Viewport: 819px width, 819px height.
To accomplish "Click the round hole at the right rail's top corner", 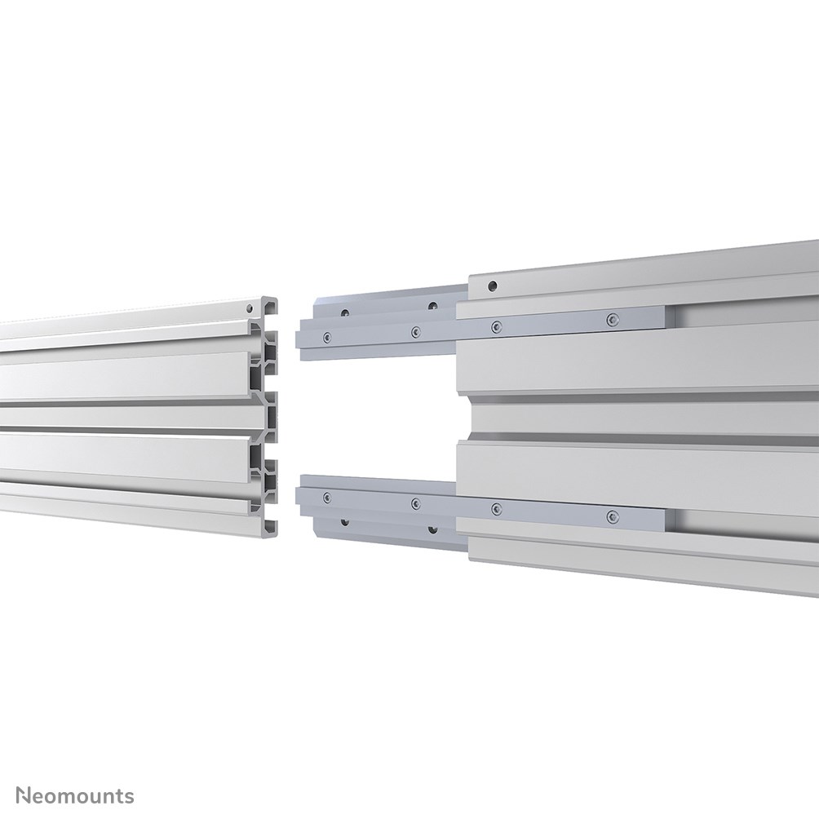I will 491,286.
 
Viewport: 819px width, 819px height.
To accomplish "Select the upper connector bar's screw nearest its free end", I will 326,335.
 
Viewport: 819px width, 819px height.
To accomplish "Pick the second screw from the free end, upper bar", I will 415,331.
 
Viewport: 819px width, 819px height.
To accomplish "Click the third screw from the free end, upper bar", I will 496,326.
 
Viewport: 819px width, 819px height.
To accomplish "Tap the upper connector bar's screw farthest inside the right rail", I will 612,319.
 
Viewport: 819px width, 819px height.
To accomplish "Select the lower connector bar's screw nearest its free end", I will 326,496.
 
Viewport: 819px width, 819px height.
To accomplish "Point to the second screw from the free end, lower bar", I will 415,502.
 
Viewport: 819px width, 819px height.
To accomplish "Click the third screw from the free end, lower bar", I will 496,509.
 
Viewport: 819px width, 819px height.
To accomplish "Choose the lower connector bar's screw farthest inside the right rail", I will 612,516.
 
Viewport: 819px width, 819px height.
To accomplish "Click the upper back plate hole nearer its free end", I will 346,312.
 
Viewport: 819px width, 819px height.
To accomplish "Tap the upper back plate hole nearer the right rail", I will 432,306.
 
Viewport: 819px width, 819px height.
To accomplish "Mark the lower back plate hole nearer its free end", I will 346,519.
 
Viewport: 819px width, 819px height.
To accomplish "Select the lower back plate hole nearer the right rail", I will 432,527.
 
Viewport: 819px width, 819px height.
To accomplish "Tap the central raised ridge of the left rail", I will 131,416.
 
